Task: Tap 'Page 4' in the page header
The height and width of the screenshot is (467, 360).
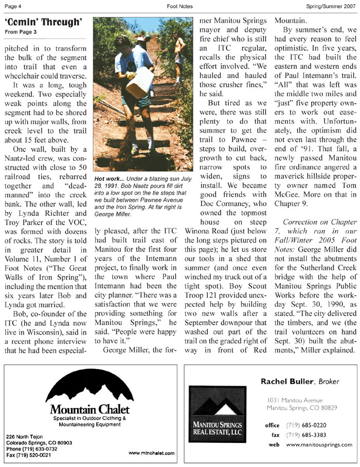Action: (13, 6)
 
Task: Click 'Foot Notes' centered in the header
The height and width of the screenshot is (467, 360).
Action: (179, 6)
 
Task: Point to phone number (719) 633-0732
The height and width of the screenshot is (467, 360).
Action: (31, 448)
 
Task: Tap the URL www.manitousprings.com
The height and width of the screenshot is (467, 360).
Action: (318, 444)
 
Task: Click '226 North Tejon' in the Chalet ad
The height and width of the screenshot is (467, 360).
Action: (25, 436)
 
